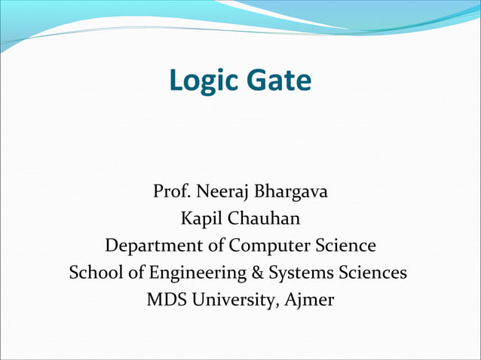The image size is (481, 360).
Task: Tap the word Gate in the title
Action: [276, 81]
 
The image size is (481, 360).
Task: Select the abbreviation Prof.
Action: [170, 192]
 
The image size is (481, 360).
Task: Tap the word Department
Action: [154, 247]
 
